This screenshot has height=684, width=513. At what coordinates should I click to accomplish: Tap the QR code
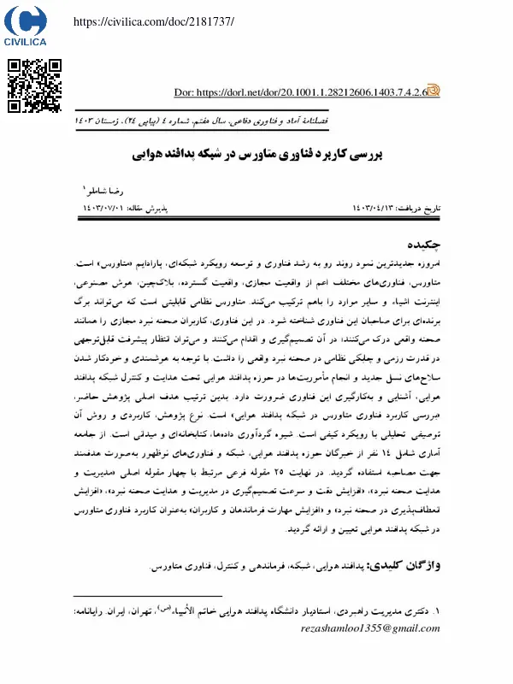pyautogui.click(x=35, y=86)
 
